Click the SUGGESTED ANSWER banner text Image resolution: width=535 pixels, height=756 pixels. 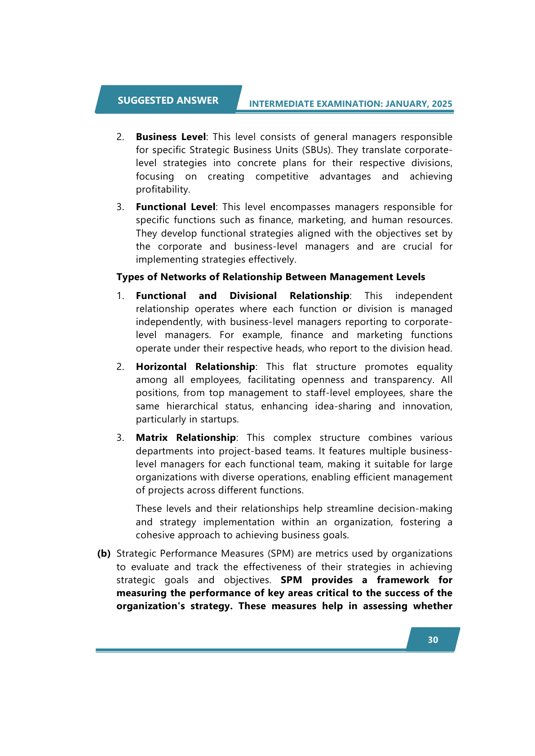click(168, 100)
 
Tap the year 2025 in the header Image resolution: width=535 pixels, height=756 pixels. click(442, 104)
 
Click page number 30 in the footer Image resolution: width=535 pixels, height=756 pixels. click(433, 640)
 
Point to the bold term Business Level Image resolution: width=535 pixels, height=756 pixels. click(171, 137)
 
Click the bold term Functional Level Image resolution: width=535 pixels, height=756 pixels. click(176, 207)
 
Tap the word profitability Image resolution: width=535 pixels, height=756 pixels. click(163, 189)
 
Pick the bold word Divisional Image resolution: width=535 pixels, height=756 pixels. click(253, 296)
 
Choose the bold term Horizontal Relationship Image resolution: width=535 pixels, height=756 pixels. click(195, 367)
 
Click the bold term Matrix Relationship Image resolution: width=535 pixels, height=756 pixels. click(186, 438)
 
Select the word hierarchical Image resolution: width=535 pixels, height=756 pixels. click(192, 406)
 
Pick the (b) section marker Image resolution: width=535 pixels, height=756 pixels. click(104, 554)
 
